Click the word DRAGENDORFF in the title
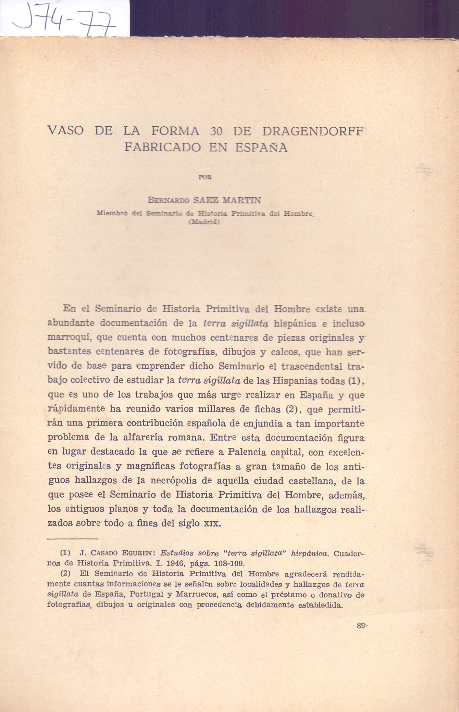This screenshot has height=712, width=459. tap(312, 131)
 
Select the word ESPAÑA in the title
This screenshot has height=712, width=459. tap(261, 147)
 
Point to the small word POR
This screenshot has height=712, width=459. tap(205, 177)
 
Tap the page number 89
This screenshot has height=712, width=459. tap(361, 625)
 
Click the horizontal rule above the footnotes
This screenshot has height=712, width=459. tap(73, 539)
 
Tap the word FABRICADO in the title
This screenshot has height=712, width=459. tap(163, 147)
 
